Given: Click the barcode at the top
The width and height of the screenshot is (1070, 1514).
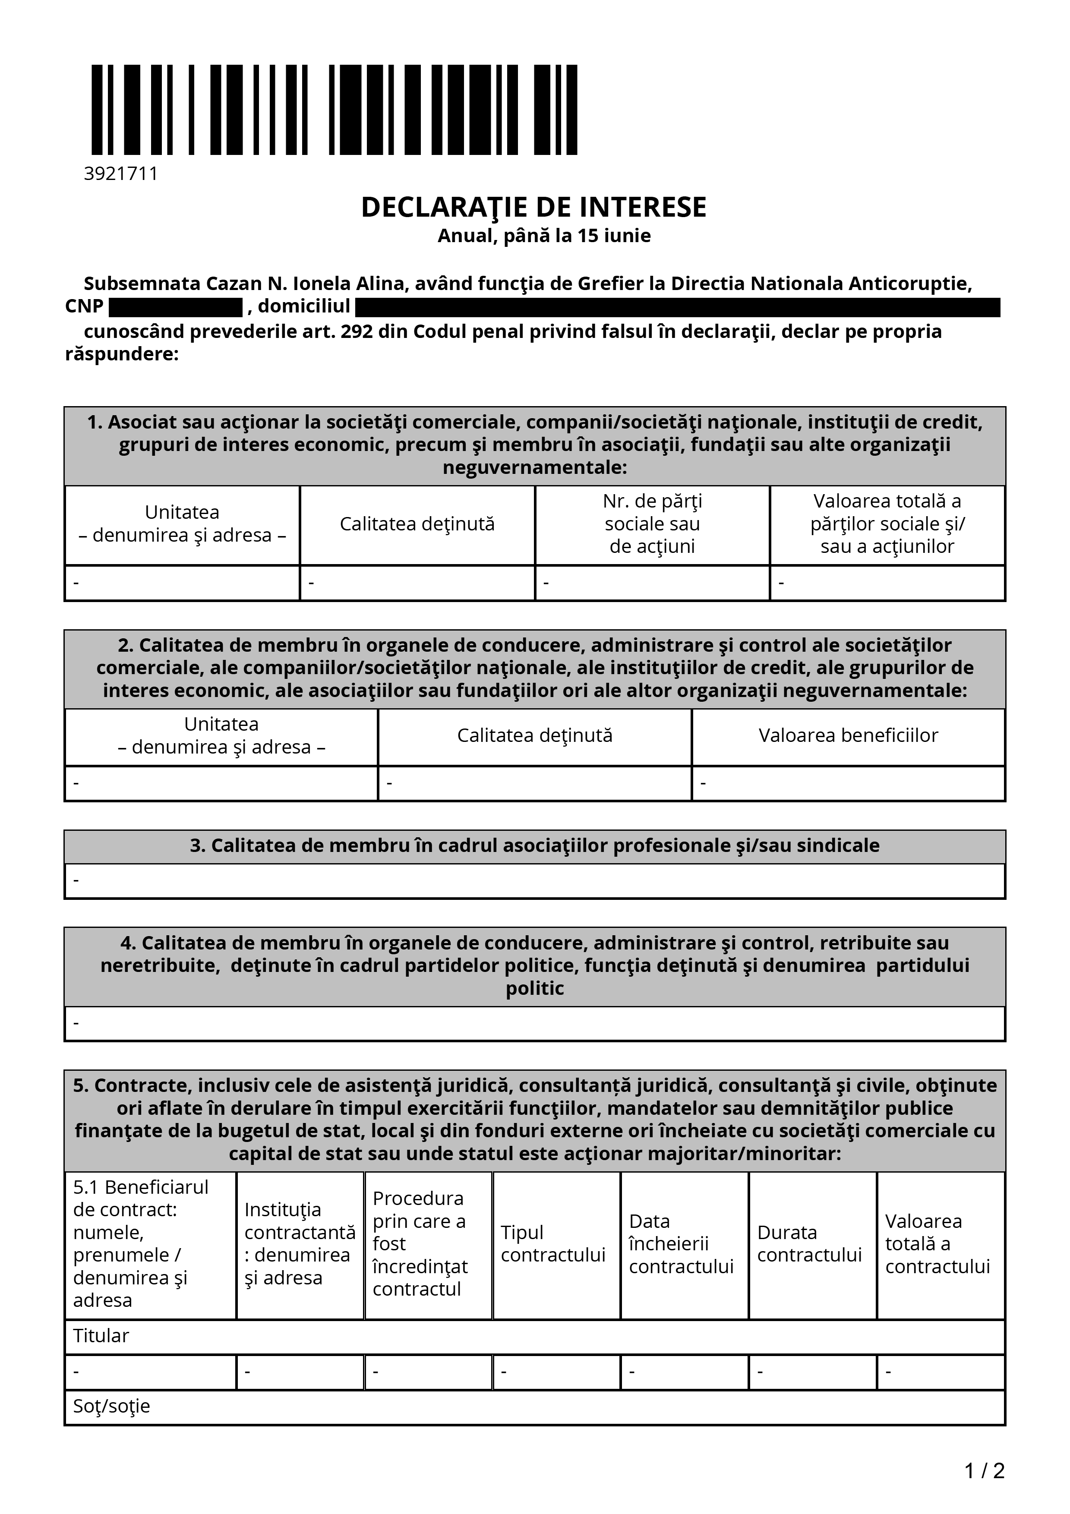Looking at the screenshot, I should point(334,110).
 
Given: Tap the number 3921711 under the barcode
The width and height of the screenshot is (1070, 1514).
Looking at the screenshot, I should point(121,173).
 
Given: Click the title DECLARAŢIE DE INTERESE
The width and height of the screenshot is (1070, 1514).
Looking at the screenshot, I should point(533,207).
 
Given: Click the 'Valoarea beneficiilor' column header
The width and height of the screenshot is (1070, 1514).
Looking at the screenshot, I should point(848,735).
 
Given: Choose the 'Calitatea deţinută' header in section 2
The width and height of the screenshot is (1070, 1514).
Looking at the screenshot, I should point(535,735).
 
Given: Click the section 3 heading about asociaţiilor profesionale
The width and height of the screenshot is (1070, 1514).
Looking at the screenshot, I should point(535,845).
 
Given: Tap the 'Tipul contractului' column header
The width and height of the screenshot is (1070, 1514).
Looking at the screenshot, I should point(553,1244).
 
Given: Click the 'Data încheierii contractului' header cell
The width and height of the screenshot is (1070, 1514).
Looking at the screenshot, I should point(681,1244).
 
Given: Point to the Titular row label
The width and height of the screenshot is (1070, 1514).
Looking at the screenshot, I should point(101,1336).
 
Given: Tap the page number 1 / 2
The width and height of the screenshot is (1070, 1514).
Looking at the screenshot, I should point(984,1470).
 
